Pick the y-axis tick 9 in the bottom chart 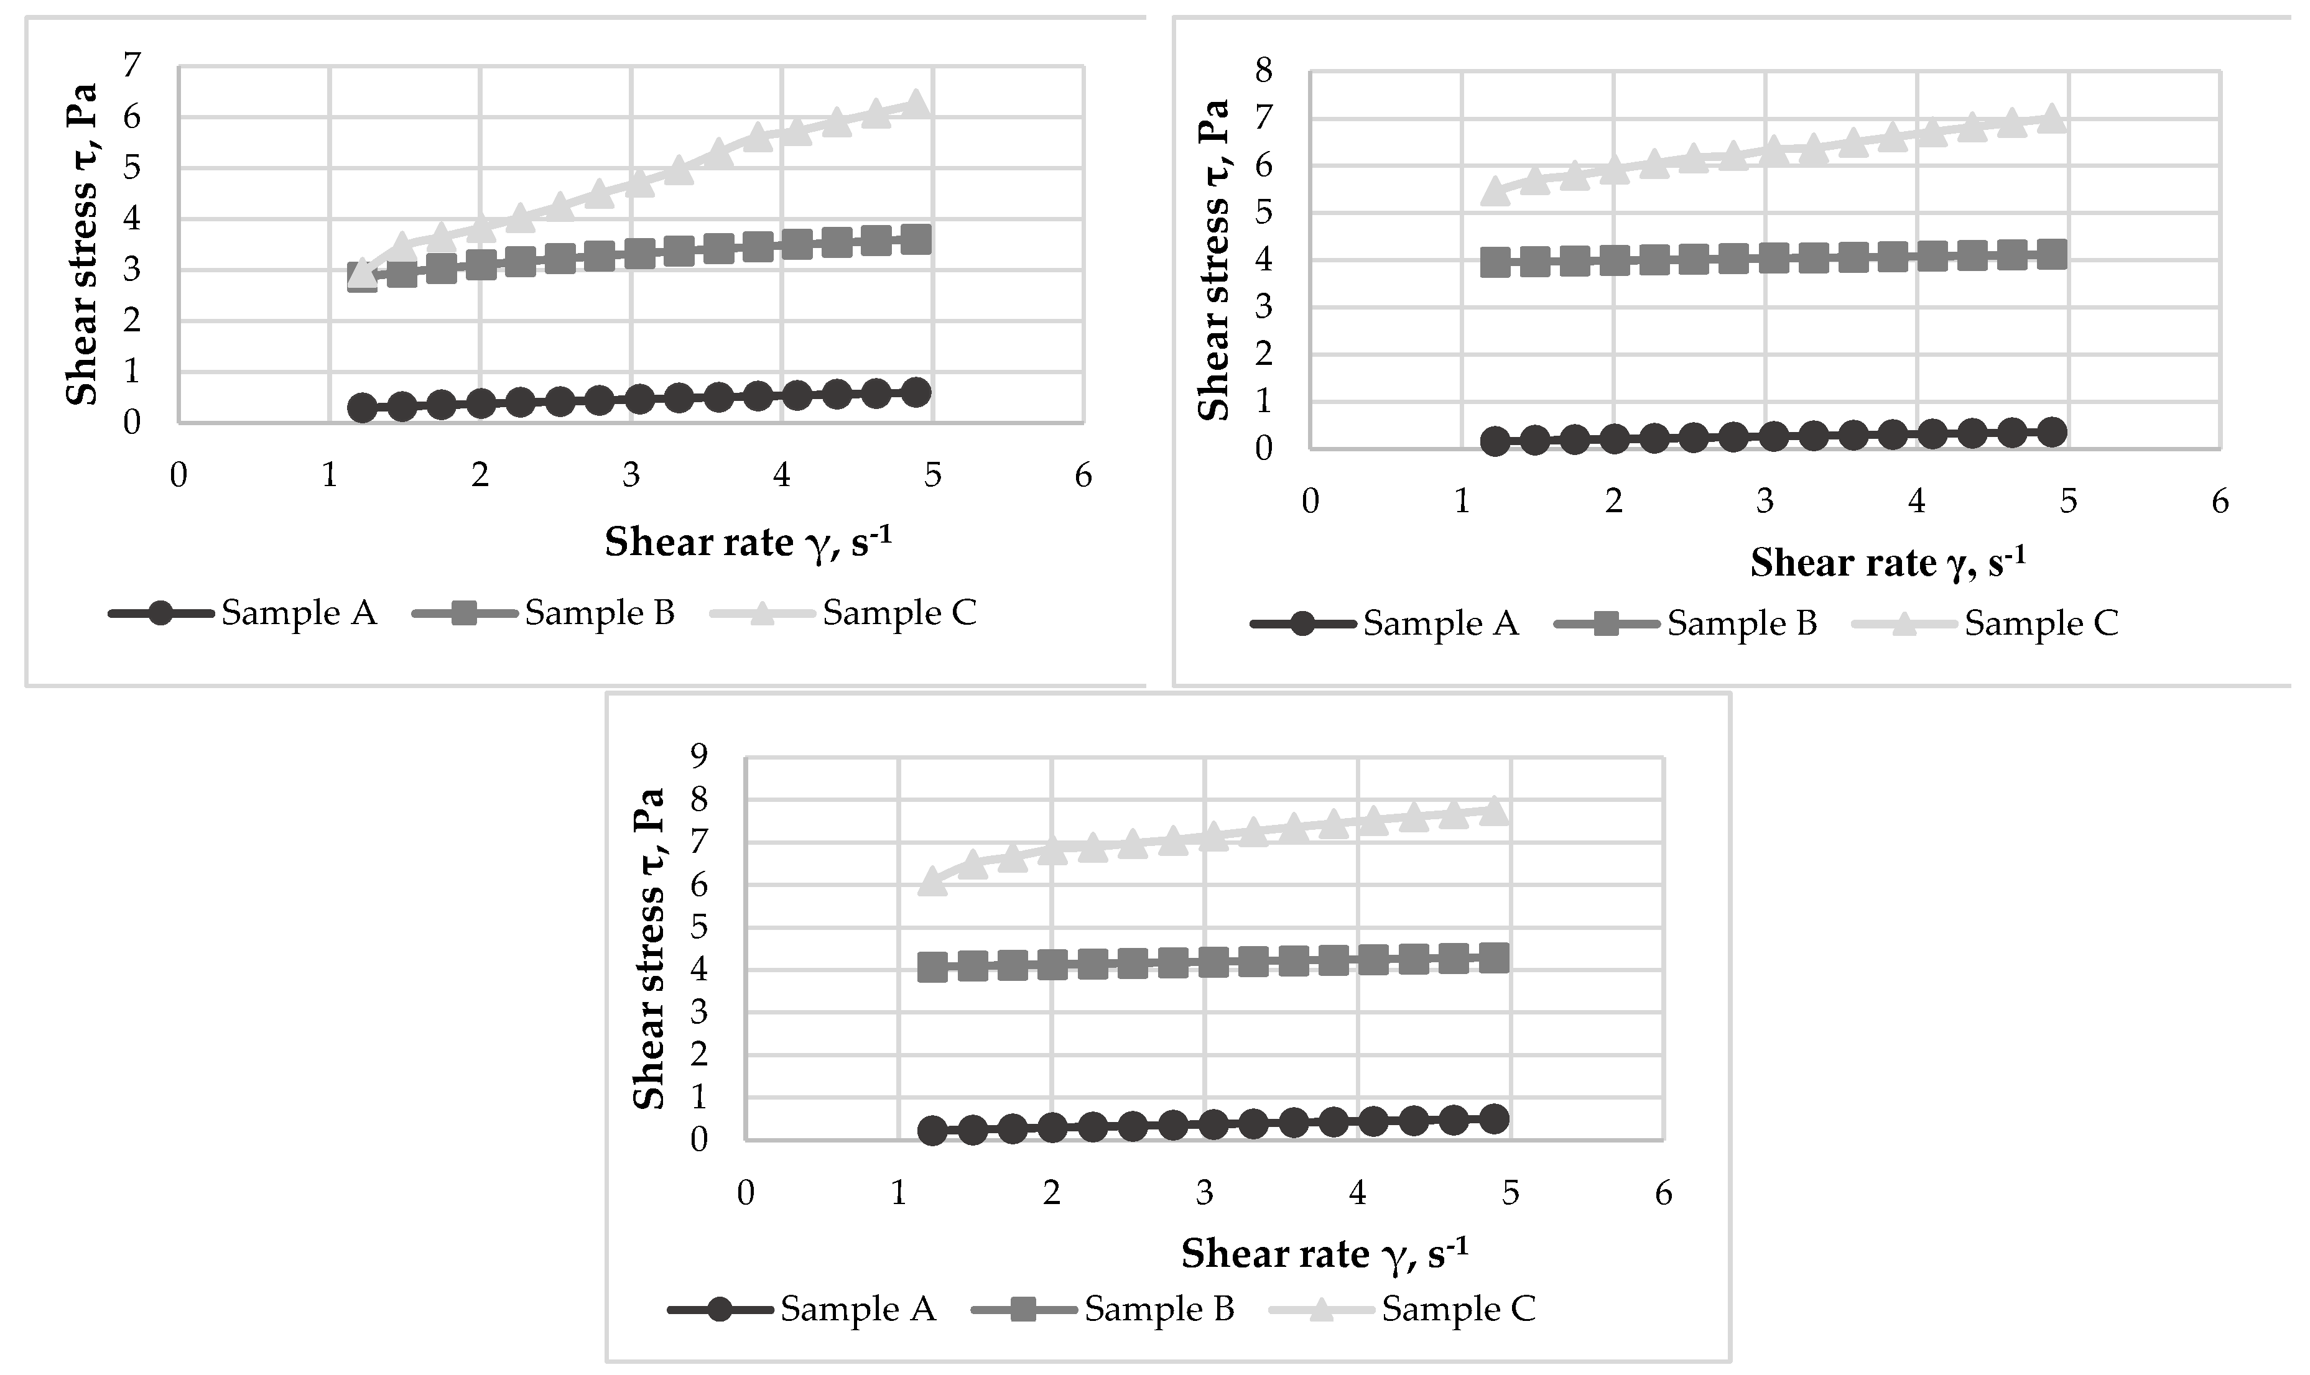[x=699, y=756]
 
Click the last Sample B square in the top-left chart [x=916, y=240]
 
